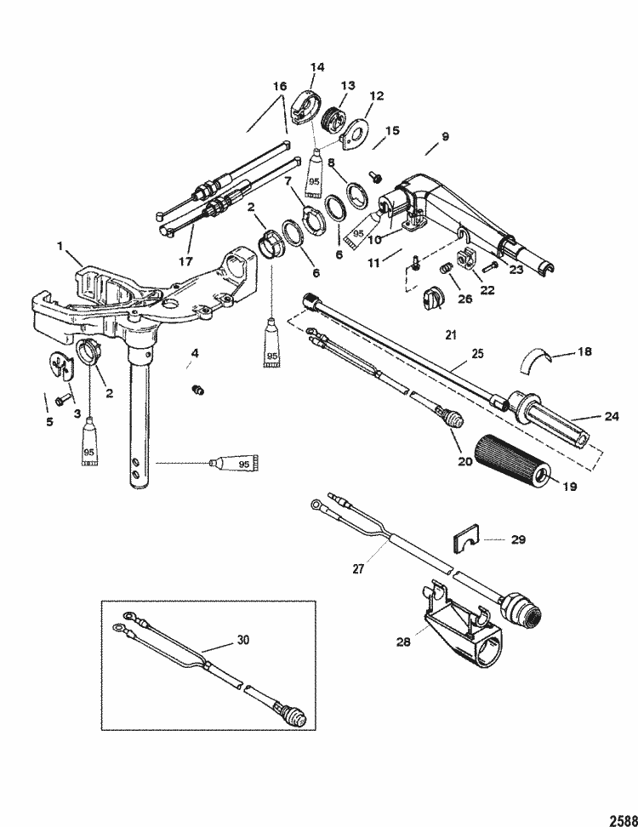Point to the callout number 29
pos(517,539)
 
